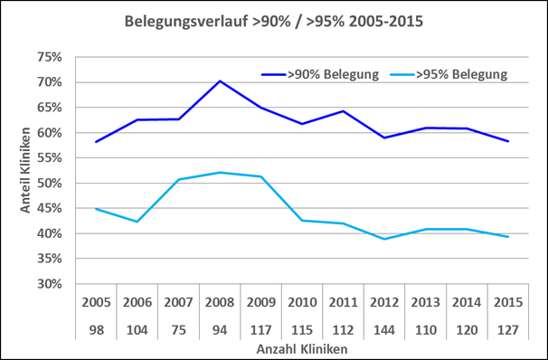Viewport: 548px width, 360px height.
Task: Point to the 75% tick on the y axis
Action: [50, 57]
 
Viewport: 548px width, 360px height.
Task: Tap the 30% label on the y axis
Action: [50, 284]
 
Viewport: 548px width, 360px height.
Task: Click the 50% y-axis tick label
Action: [50, 183]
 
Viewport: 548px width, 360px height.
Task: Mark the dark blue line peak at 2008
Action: [220, 81]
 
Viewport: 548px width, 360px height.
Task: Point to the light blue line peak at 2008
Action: [220, 172]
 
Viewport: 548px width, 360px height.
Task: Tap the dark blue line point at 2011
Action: [344, 111]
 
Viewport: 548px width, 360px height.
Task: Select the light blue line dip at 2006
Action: [137, 222]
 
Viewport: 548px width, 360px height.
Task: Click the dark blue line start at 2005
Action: [95, 141]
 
